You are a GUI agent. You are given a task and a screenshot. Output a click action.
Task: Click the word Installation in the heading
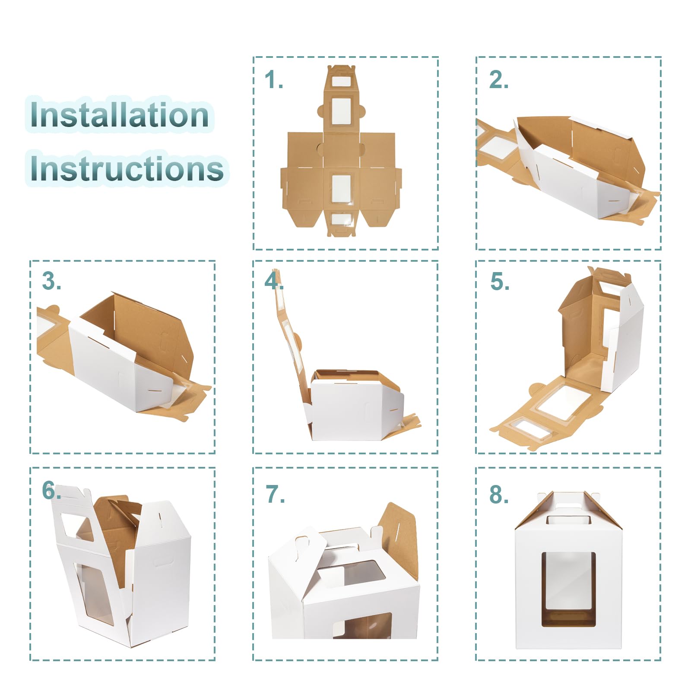click(x=120, y=115)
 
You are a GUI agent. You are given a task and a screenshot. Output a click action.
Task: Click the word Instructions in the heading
click(x=127, y=168)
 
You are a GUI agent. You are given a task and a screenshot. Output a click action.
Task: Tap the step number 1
click(x=274, y=80)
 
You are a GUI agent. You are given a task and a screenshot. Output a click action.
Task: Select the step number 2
click(x=498, y=80)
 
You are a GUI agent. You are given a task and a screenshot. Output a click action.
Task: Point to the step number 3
click(x=51, y=281)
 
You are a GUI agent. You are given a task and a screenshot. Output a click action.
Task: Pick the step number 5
click(x=500, y=282)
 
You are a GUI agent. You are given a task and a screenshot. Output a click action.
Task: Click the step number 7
click(x=275, y=494)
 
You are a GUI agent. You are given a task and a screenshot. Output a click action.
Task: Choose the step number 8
click(x=499, y=494)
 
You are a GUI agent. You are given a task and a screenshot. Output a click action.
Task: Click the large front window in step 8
click(x=569, y=589)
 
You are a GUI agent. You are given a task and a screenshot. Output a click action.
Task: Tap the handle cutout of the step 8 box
click(x=569, y=520)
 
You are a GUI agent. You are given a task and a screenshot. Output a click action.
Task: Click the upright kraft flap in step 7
click(x=399, y=538)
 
